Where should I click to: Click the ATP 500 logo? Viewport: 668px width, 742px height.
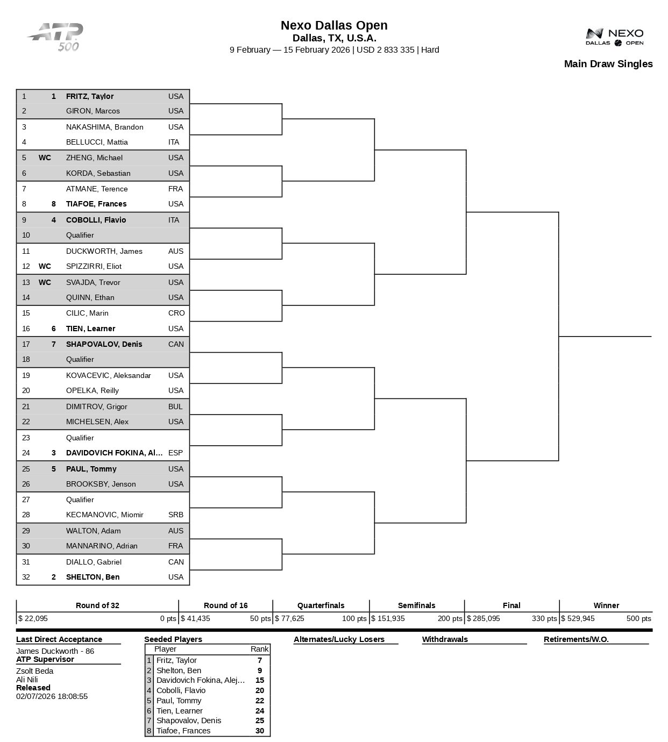pyautogui.click(x=56, y=37)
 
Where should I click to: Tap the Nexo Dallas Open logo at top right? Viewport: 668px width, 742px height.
pyautogui.click(x=614, y=37)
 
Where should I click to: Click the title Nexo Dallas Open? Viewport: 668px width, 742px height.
pyautogui.click(x=334, y=25)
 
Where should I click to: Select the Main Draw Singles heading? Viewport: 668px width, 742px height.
pyautogui.click(x=608, y=64)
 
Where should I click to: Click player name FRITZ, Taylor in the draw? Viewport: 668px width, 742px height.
pyautogui.click(x=89, y=97)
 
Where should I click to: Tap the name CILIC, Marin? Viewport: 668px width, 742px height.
pyautogui.click(x=87, y=313)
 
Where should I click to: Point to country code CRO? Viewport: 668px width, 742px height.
pyautogui.click(x=176, y=313)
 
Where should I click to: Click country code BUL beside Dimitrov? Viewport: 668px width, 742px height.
pyautogui.click(x=175, y=406)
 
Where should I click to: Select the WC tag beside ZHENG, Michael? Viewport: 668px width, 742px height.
pyautogui.click(x=45, y=158)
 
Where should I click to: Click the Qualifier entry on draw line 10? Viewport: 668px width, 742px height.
pyautogui.click(x=80, y=235)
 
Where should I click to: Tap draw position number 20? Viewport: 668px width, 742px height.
pyautogui.click(x=26, y=390)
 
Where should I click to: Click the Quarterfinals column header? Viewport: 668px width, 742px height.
pyautogui.click(x=321, y=605)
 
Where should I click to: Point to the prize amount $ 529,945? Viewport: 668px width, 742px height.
pyautogui.click(x=578, y=618)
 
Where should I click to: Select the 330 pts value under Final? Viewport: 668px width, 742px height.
pyautogui.click(x=544, y=618)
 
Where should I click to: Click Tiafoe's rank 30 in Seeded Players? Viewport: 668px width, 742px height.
pyautogui.click(x=260, y=731)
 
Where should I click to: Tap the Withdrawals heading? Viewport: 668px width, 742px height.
pyautogui.click(x=445, y=639)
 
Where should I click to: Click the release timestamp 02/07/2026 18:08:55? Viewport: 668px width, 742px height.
pyautogui.click(x=52, y=696)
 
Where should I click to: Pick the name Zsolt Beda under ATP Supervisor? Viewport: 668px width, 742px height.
pyautogui.click(x=34, y=671)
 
